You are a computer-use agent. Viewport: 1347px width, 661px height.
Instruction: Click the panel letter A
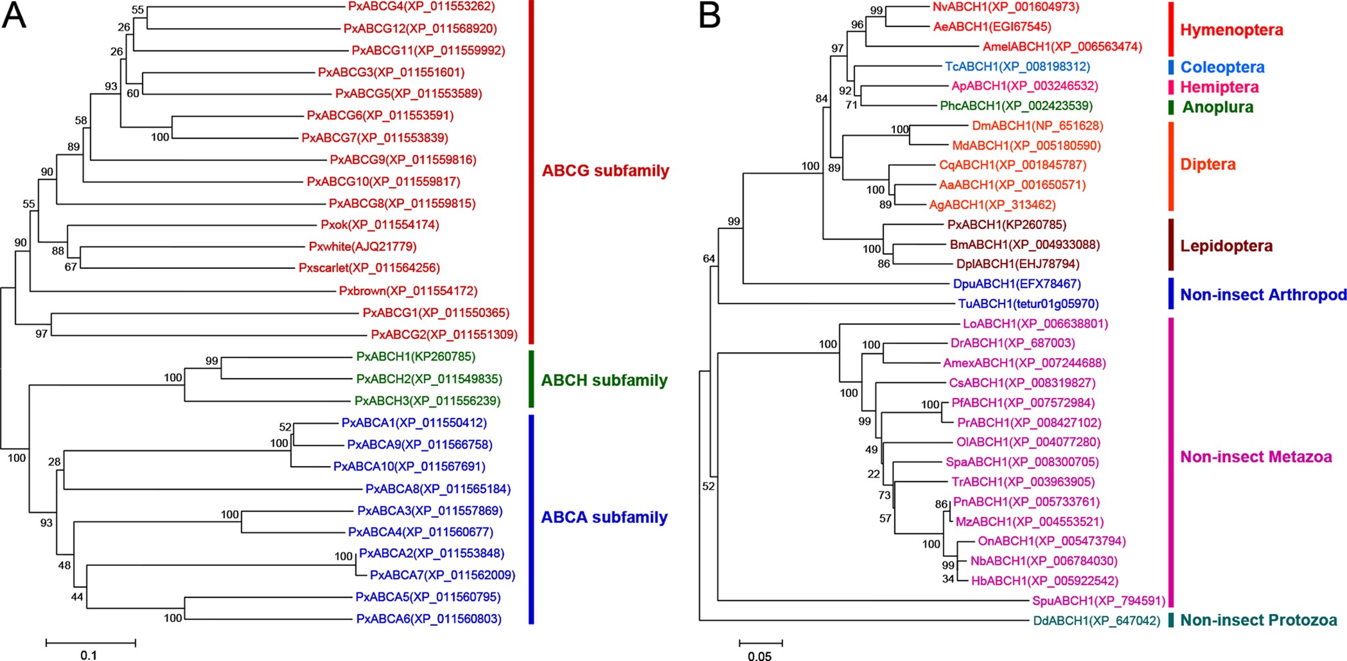coord(14,15)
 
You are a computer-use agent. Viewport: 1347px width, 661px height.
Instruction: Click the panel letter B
coord(709,15)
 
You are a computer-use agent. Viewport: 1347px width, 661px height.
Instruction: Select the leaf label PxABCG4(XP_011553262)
coord(421,6)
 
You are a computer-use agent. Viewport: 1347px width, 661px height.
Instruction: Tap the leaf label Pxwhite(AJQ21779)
coord(362,246)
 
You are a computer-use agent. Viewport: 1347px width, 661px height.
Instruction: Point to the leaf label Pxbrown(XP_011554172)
coord(408,291)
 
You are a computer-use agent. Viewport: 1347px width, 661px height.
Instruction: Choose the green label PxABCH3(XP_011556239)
coord(427,400)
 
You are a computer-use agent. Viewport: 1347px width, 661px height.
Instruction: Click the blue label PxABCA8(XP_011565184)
coord(438,489)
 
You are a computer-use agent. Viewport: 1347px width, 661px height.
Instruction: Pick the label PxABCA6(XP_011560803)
coord(428,619)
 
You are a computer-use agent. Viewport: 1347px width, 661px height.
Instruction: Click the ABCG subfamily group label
coord(605,171)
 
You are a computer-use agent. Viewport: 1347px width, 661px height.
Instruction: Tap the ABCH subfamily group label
coord(604,380)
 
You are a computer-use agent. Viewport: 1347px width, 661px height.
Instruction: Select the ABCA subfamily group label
coord(604,517)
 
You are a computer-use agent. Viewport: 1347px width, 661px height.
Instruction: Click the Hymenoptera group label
coord(1232,30)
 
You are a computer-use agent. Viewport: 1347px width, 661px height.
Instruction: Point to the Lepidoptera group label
coord(1226,246)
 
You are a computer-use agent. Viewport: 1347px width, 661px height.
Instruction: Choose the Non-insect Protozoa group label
coord(1258,620)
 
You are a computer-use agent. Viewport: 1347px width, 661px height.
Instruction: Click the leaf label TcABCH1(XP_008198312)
coord(1017,66)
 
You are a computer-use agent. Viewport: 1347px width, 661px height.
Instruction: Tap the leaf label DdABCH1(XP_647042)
coord(1096,621)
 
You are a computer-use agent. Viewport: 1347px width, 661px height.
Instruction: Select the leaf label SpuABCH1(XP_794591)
coord(1098,601)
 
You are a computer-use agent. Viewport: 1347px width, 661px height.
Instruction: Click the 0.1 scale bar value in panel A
coord(89,655)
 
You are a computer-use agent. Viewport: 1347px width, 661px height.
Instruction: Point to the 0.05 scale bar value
coord(759,655)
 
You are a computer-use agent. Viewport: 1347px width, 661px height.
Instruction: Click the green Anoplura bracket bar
coord(1171,107)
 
